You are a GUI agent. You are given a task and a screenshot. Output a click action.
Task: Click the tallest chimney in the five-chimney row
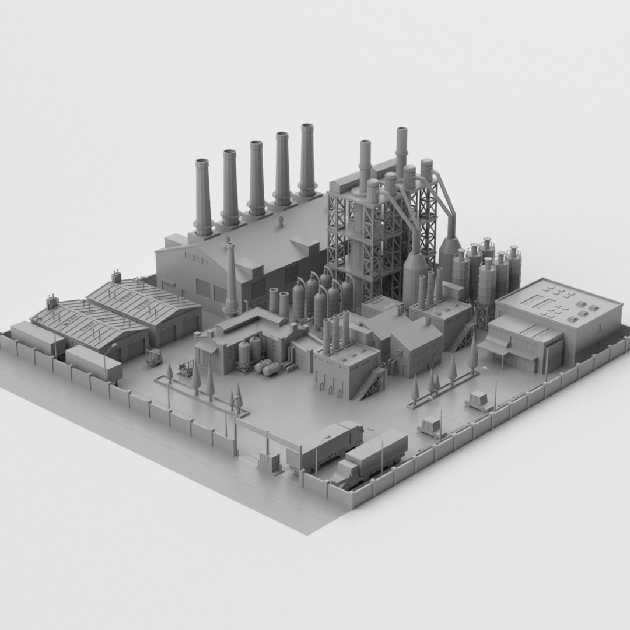click(307, 157)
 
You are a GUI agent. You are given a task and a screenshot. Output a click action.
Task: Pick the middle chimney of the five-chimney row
click(257, 175)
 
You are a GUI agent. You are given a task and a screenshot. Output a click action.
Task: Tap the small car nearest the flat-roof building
click(478, 400)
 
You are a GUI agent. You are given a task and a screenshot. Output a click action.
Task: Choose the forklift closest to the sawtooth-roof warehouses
click(153, 357)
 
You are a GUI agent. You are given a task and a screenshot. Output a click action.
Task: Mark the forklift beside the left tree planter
click(186, 367)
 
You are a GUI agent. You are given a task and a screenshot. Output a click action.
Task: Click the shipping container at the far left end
click(37, 337)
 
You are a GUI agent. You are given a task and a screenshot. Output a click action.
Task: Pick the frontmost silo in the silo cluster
click(487, 283)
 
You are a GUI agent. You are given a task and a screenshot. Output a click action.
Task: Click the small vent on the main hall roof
click(280, 222)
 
